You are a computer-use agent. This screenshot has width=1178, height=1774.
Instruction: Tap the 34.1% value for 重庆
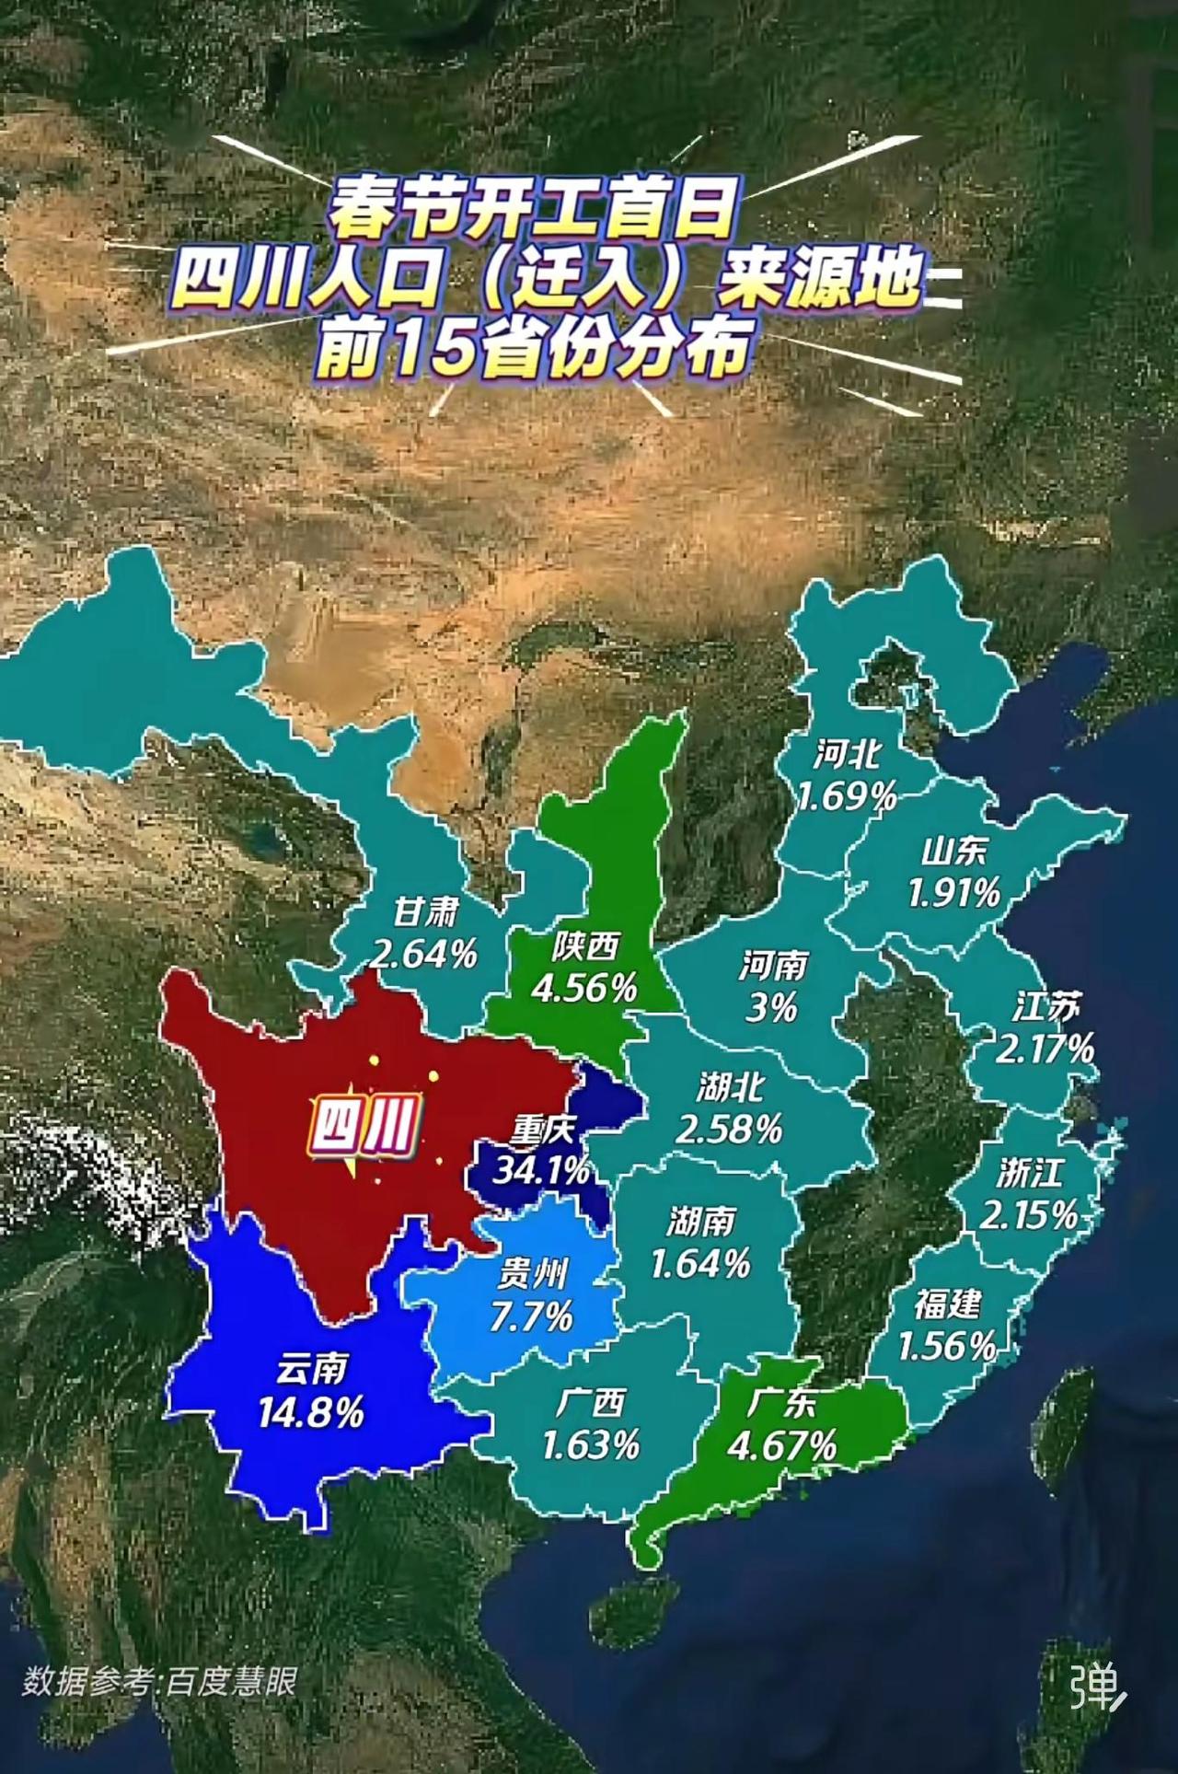click(541, 1170)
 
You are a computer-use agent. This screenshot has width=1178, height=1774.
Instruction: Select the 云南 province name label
click(312, 1369)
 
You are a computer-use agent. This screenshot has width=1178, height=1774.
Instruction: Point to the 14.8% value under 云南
click(311, 1412)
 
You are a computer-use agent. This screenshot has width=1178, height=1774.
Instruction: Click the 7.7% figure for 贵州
click(531, 1317)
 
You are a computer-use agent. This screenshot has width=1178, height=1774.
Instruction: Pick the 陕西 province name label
click(586, 945)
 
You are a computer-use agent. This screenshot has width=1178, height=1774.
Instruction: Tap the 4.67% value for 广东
click(782, 1444)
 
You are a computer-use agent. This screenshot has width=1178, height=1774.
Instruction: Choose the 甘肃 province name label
click(425, 912)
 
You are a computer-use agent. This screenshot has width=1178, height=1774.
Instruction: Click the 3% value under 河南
click(771, 1008)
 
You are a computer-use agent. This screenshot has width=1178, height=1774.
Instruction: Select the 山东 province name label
click(954, 850)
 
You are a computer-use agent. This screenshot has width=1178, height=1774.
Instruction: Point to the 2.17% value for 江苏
click(1045, 1049)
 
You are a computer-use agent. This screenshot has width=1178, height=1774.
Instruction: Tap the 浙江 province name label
click(1030, 1173)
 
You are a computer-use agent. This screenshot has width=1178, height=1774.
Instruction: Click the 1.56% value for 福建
click(947, 1347)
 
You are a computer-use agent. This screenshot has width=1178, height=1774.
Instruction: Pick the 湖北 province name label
click(730, 1087)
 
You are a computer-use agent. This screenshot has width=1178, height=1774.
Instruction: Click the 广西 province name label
click(591, 1402)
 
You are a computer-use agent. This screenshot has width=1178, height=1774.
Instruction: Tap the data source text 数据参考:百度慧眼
click(159, 1681)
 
